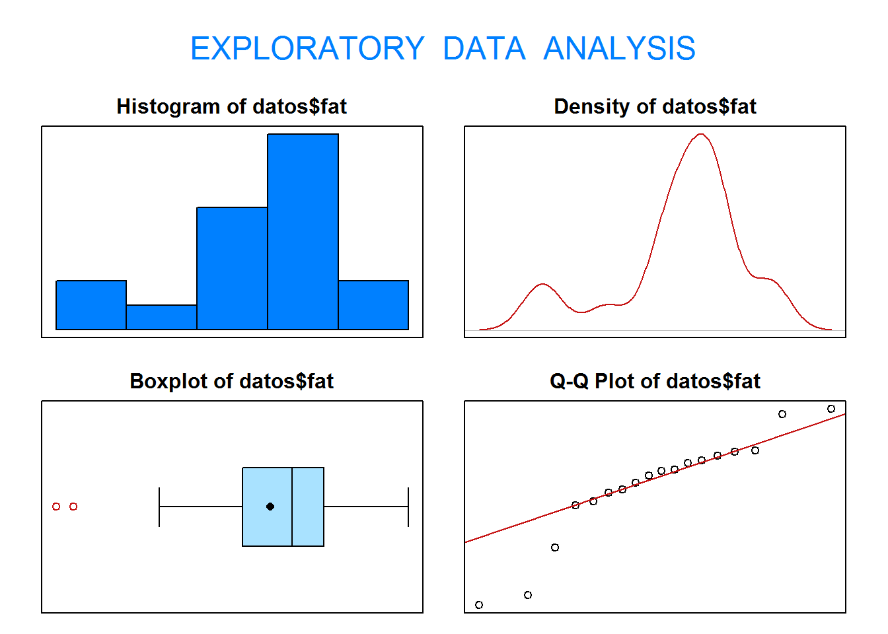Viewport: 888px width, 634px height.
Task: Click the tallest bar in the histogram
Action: coord(303,232)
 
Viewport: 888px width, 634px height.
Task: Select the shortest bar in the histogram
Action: coord(161,318)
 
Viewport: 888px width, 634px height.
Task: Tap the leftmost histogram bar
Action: coord(91,305)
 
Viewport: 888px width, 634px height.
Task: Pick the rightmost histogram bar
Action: coord(373,305)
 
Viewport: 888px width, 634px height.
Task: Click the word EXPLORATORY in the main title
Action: coord(307,48)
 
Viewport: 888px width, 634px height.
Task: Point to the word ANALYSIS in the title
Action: coord(619,48)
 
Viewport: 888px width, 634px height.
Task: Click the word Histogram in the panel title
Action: coord(168,107)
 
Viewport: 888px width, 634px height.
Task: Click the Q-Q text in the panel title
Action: coord(570,382)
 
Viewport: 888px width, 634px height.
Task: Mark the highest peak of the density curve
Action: coord(701,134)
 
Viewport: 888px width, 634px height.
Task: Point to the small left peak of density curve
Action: coord(542,284)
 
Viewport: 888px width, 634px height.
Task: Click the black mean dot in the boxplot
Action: coord(270,507)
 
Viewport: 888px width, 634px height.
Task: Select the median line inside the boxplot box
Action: coord(292,507)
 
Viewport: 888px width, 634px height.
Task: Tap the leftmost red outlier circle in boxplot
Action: coord(56,507)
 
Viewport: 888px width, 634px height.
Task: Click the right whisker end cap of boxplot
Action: coord(408,507)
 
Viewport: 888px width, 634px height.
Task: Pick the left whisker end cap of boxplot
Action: coord(159,507)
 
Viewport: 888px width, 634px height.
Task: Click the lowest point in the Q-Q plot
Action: coord(479,605)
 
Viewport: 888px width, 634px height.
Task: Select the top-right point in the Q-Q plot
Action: coord(831,409)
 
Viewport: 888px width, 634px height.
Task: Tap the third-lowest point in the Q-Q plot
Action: coord(555,547)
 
